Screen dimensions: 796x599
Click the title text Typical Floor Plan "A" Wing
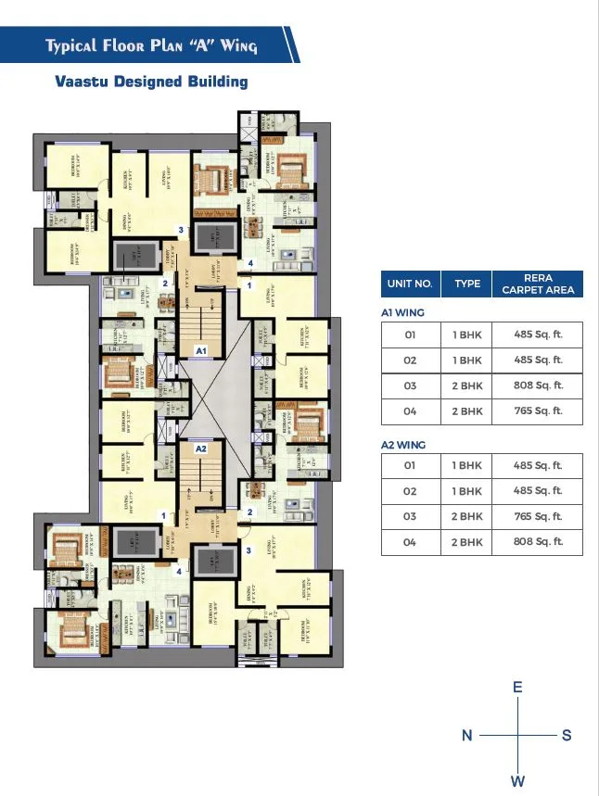click(152, 45)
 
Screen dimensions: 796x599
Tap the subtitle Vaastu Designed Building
click(152, 82)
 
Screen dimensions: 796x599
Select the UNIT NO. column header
click(411, 284)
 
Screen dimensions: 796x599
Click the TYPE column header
click(467, 284)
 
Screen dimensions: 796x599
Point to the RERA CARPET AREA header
click(538, 284)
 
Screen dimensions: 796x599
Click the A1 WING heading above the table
click(402, 313)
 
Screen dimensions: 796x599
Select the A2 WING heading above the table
click(403, 445)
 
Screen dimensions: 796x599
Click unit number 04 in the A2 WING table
click(410, 542)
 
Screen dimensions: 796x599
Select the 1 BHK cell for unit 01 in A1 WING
click(467, 334)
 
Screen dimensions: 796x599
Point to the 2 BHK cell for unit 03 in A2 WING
click(467, 516)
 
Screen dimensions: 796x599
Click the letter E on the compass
click(518, 688)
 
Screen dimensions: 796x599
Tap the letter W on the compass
click(518, 781)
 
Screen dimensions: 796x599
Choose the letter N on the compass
click(468, 736)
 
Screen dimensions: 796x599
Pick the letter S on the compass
click(567, 736)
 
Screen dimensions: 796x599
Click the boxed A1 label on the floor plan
click(199, 351)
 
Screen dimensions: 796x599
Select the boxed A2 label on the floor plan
click(199, 449)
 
